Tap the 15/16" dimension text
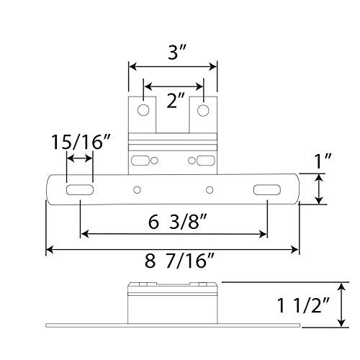(x=80, y=141)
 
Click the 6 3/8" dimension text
(x=174, y=221)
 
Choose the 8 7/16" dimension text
(x=174, y=264)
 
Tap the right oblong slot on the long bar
(x=266, y=190)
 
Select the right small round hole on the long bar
(x=209, y=190)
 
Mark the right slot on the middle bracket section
(x=204, y=158)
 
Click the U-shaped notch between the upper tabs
(x=174, y=115)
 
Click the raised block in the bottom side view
(x=173, y=302)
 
